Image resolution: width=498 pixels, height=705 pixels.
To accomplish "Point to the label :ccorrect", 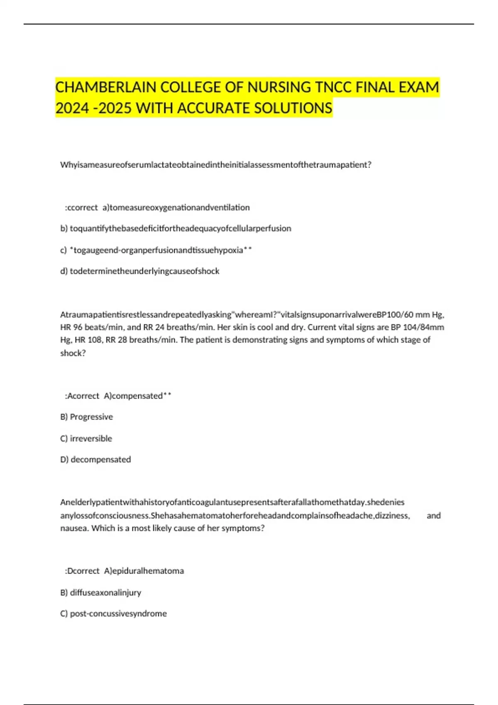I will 81,207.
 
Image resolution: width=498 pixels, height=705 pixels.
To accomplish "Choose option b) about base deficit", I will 176,229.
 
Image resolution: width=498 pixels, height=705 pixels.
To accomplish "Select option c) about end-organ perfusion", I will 156,250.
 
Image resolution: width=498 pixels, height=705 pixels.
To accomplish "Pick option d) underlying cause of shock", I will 140,271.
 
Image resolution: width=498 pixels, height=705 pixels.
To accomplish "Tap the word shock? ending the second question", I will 73,353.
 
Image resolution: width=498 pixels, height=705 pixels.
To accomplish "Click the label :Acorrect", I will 82,396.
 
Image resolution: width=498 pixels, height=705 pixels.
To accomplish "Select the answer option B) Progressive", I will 87,417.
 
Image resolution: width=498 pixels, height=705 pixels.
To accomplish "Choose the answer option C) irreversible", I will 86,438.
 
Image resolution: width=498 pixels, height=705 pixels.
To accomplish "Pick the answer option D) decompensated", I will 96,459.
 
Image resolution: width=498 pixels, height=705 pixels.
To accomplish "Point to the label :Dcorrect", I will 82,571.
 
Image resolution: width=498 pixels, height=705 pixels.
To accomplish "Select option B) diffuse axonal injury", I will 101,593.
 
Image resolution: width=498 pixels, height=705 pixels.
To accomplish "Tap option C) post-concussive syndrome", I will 114,614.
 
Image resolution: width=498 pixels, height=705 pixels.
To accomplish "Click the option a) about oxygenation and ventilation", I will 176,207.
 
